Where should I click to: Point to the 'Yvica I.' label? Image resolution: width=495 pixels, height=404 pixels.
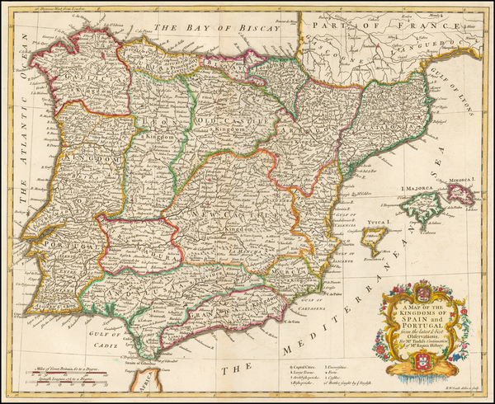380,223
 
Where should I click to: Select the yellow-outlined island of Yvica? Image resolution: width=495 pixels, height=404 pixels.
375,242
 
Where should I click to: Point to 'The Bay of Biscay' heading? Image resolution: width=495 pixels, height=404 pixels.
203,26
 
